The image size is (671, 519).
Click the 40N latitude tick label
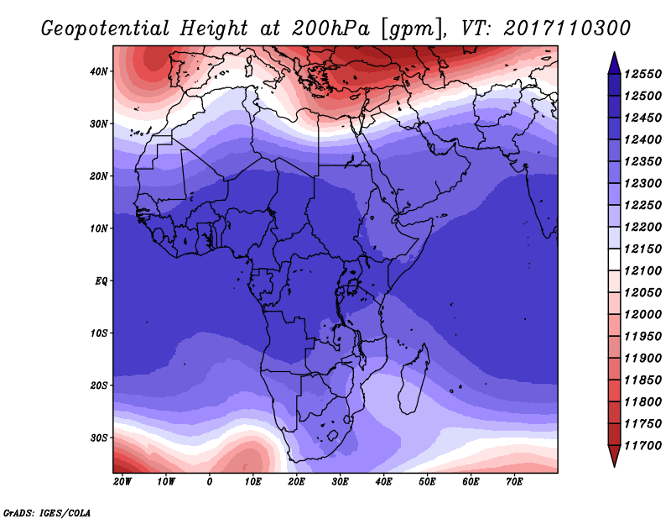(98, 71)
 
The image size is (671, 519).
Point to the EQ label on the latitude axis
(101, 281)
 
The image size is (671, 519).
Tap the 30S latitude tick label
(99, 438)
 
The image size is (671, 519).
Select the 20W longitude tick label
(122, 482)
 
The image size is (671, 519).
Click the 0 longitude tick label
(209, 482)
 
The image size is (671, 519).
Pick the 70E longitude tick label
(514, 482)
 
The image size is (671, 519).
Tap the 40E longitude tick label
(383, 482)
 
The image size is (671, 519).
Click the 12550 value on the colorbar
(643, 74)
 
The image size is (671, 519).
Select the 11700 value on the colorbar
(643, 446)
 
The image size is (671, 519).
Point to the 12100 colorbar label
(643, 271)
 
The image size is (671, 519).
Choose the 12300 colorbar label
(643, 183)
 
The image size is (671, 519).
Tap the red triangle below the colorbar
(614, 454)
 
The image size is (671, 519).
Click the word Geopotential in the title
(106, 29)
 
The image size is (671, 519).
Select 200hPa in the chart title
(330, 29)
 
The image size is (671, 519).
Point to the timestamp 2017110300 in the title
(567, 29)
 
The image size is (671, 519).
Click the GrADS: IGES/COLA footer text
(47, 512)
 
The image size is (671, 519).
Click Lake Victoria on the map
(352, 285)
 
